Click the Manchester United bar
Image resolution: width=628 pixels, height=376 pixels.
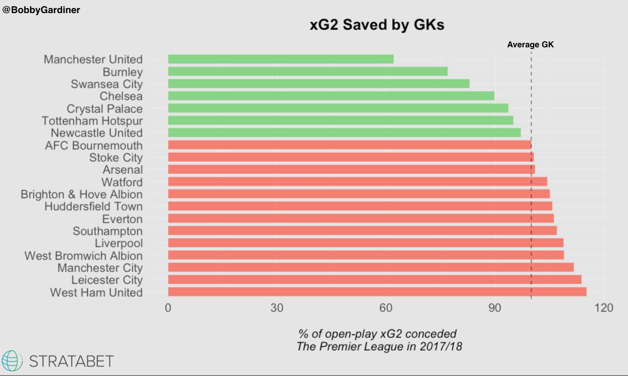pyautogui.click(x=281, y=59)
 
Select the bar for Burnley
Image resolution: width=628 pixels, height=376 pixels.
pyautogui.click(x=308, y=71)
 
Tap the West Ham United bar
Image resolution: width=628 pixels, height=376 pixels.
pyautogui.click(x=377, y=292)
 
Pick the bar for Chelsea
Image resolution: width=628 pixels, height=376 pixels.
pyautogui.click(x=331, y=96)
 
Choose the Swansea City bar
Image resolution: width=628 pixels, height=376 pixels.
pyautogui.click(x=319, y=84)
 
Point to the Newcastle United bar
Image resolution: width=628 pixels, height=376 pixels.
pyautogui.click(x=344, y=133)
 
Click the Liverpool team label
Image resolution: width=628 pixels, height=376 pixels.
pyautogui.click(x=119, y=243)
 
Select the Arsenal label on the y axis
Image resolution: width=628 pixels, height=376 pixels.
pyautogui.click(x=123, y=170)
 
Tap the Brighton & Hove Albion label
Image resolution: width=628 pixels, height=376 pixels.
pyautogui.click(x=82, y=194)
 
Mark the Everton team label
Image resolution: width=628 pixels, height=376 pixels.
pyautogui.click(x=122, y=219)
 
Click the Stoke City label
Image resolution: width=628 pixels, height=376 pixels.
pyautogui.click(x=116, y=158)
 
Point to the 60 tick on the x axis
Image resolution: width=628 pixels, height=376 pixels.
pyautogui.click(x=386, y=308)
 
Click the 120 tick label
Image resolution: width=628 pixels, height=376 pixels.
pyautogui.click(x=603, y=308)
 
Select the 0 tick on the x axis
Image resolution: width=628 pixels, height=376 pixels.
pyautogui.click(x=168, y=308)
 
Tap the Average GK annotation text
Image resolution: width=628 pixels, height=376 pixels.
pyautogui.click(x=530, y=45)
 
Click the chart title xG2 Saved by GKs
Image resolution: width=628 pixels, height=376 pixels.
pyautogui.click(x=377, y=25)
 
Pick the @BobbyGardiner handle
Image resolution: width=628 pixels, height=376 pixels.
pyautogui.click(x=41, y=10)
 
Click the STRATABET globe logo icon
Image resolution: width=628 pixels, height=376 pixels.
pyautogui.click(x=12, y=361)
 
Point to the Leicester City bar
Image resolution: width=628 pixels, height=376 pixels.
pyautogui.click(x=374, y=280)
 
